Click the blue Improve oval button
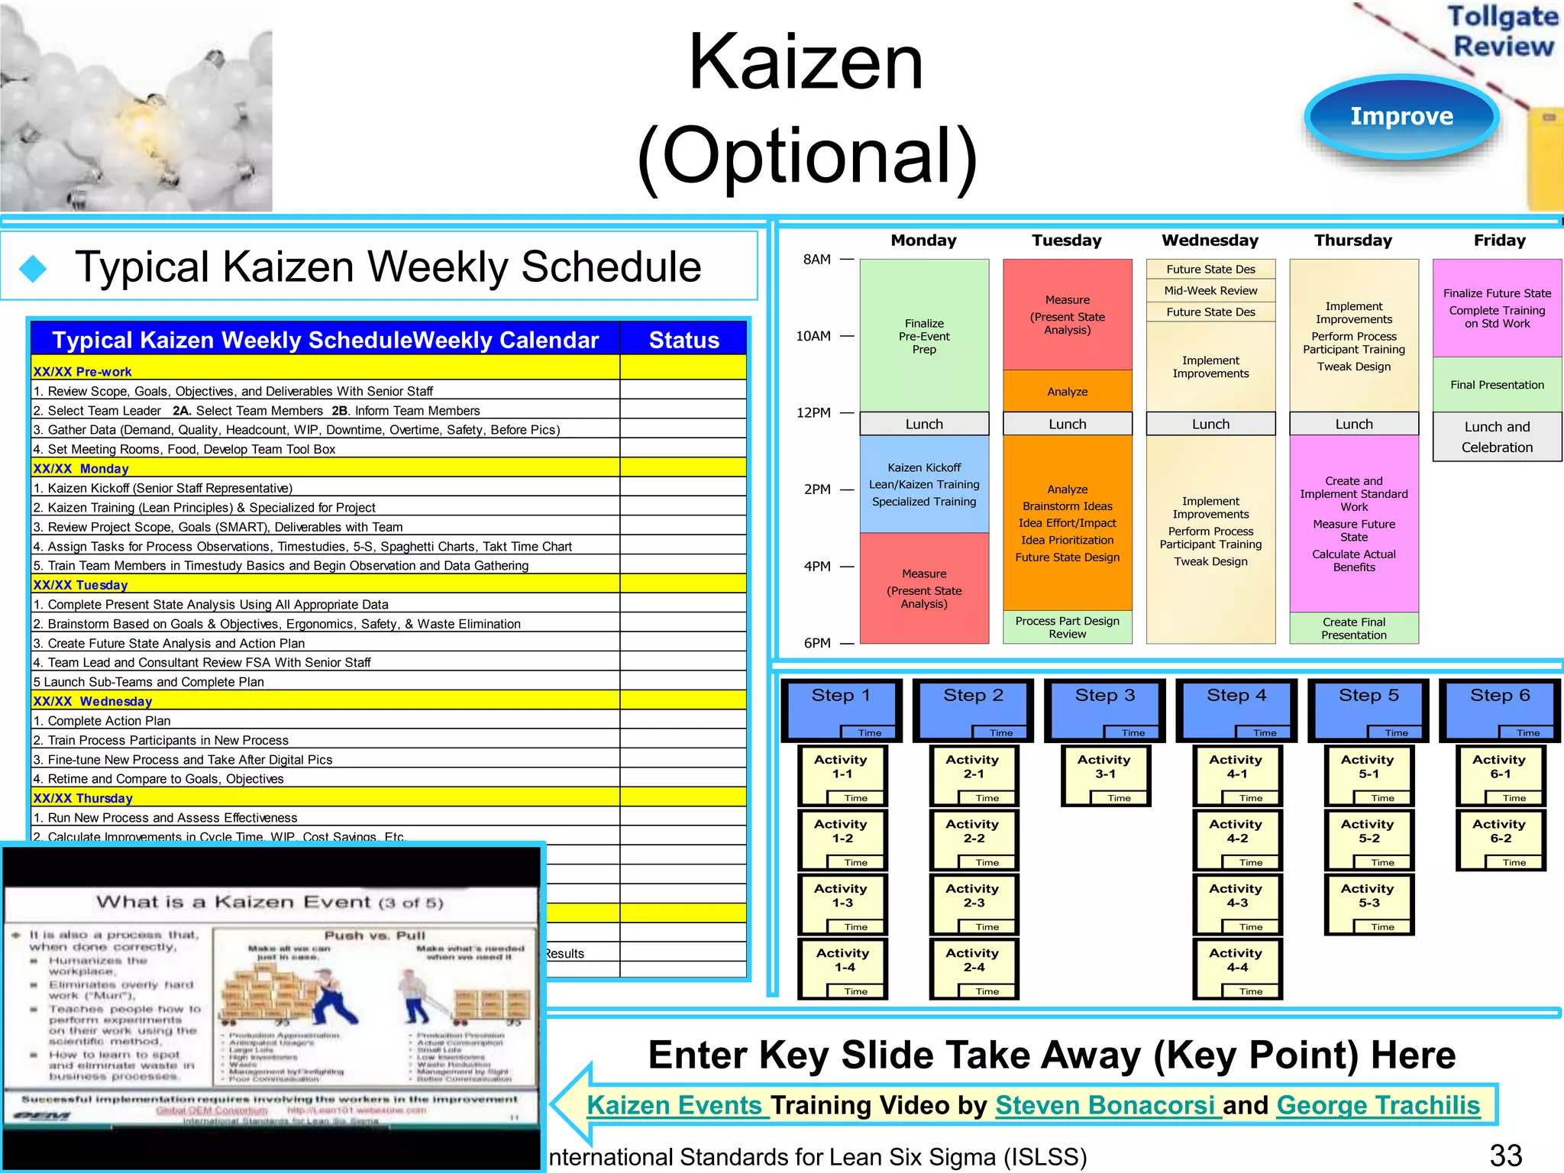[x=1401, y=116]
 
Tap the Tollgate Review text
[x=1502, y=31]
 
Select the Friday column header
[x=1499, y=241]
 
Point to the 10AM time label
[x=813, y=336]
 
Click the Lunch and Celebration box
[x=1497, y=437]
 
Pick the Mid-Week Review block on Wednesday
[x=1210, y=290]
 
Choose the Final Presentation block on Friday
[x=1497, y=385]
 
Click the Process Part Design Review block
[x=1067, y=627]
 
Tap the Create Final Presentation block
[x=1353, y=628]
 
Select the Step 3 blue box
[x=1104, y=709]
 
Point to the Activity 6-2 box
[x=1501, y=839]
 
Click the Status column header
[x=683, y=340]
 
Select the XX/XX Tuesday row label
[x=80, y=585]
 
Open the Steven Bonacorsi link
[x=1108, y=1105]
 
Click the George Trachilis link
[x=1378, y=1105]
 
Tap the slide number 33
[x=1505, y=1155]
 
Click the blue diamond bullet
[x=34, y=268]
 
